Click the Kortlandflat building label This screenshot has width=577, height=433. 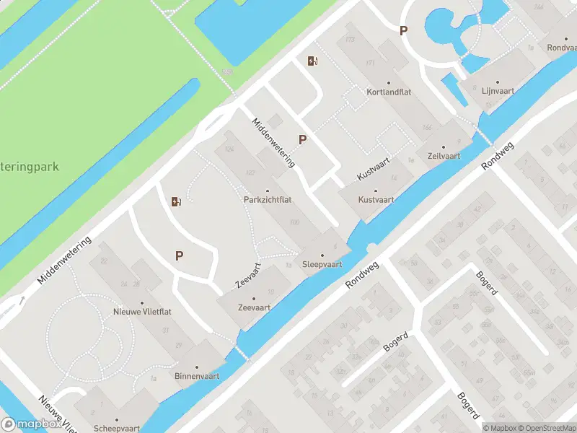[388, 92]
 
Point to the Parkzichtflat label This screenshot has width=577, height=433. [267, 200]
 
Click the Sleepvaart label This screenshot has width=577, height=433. [322, 264]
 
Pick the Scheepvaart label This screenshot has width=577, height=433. [116, 428]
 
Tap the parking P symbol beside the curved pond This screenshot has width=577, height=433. [404, 30]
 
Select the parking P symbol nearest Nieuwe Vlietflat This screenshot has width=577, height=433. [179, 255]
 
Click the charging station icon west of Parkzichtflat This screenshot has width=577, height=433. [175, 201]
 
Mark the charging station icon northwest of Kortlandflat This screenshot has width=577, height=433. [312, 61]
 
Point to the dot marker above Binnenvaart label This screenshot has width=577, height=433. [196, 366]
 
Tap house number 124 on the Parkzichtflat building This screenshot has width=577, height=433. [230, 149]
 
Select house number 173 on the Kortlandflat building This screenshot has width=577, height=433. [351, 38]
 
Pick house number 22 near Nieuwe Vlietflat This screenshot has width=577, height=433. [104, 261]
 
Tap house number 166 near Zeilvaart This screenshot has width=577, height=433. [426, 127]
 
